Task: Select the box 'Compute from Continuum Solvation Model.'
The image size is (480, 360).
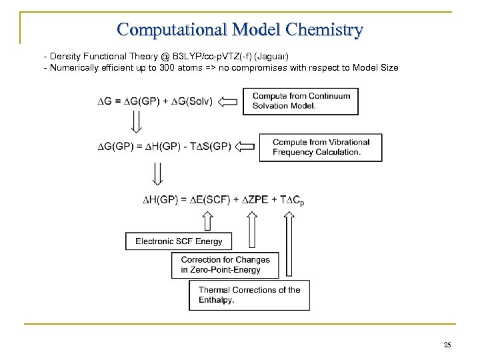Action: coord(300,101)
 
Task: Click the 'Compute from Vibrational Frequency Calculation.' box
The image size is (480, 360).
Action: coord(320,147)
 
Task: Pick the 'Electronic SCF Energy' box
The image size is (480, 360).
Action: coord(179,241)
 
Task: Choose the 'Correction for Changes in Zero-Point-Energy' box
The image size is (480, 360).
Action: coord(225,265)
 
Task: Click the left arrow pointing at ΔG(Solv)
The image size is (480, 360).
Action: coord(228,102)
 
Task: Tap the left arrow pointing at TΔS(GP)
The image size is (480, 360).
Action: coord(246,146)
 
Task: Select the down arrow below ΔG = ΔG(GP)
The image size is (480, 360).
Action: coord(136,121)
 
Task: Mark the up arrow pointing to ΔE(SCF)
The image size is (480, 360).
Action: coord(207,221)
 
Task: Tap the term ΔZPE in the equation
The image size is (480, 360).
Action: coord(253,199)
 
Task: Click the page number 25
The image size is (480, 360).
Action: coord(447,345)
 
